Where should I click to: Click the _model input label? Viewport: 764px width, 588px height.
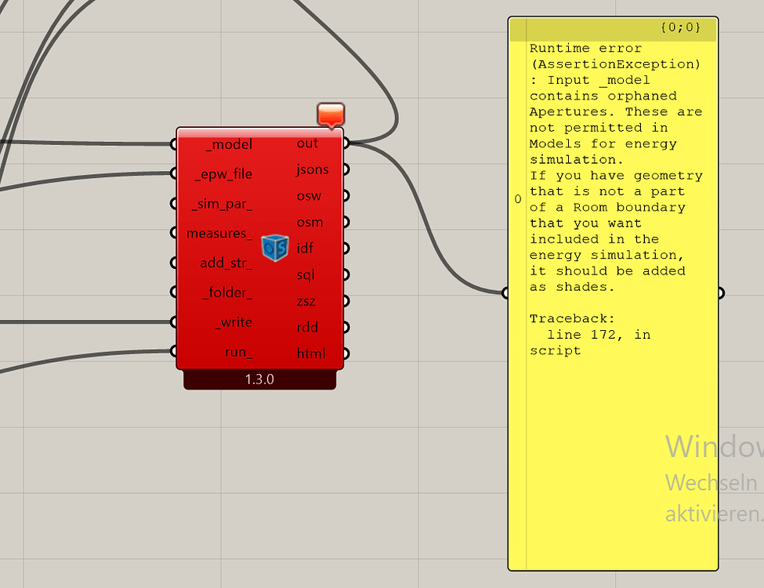229,144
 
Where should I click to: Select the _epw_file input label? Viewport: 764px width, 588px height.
223,174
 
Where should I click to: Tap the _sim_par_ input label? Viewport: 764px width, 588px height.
223,204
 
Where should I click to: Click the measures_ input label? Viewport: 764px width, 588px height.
219,233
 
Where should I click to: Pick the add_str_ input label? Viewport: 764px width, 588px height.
226,263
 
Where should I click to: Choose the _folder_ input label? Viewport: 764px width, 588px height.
227,292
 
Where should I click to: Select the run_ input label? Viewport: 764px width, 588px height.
238,352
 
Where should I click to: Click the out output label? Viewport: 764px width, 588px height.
307,143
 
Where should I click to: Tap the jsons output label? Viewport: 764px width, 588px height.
313,169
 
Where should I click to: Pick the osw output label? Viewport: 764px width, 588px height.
309,196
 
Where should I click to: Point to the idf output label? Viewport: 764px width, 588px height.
305,249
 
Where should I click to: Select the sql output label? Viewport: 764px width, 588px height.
306,275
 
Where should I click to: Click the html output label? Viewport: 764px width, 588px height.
310,354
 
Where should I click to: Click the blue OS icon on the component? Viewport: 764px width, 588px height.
275,248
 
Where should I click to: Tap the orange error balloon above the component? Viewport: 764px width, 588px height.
331,114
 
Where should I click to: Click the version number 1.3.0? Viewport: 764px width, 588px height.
260,379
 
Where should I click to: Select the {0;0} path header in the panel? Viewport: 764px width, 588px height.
680,28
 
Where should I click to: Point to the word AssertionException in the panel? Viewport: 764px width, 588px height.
614,64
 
